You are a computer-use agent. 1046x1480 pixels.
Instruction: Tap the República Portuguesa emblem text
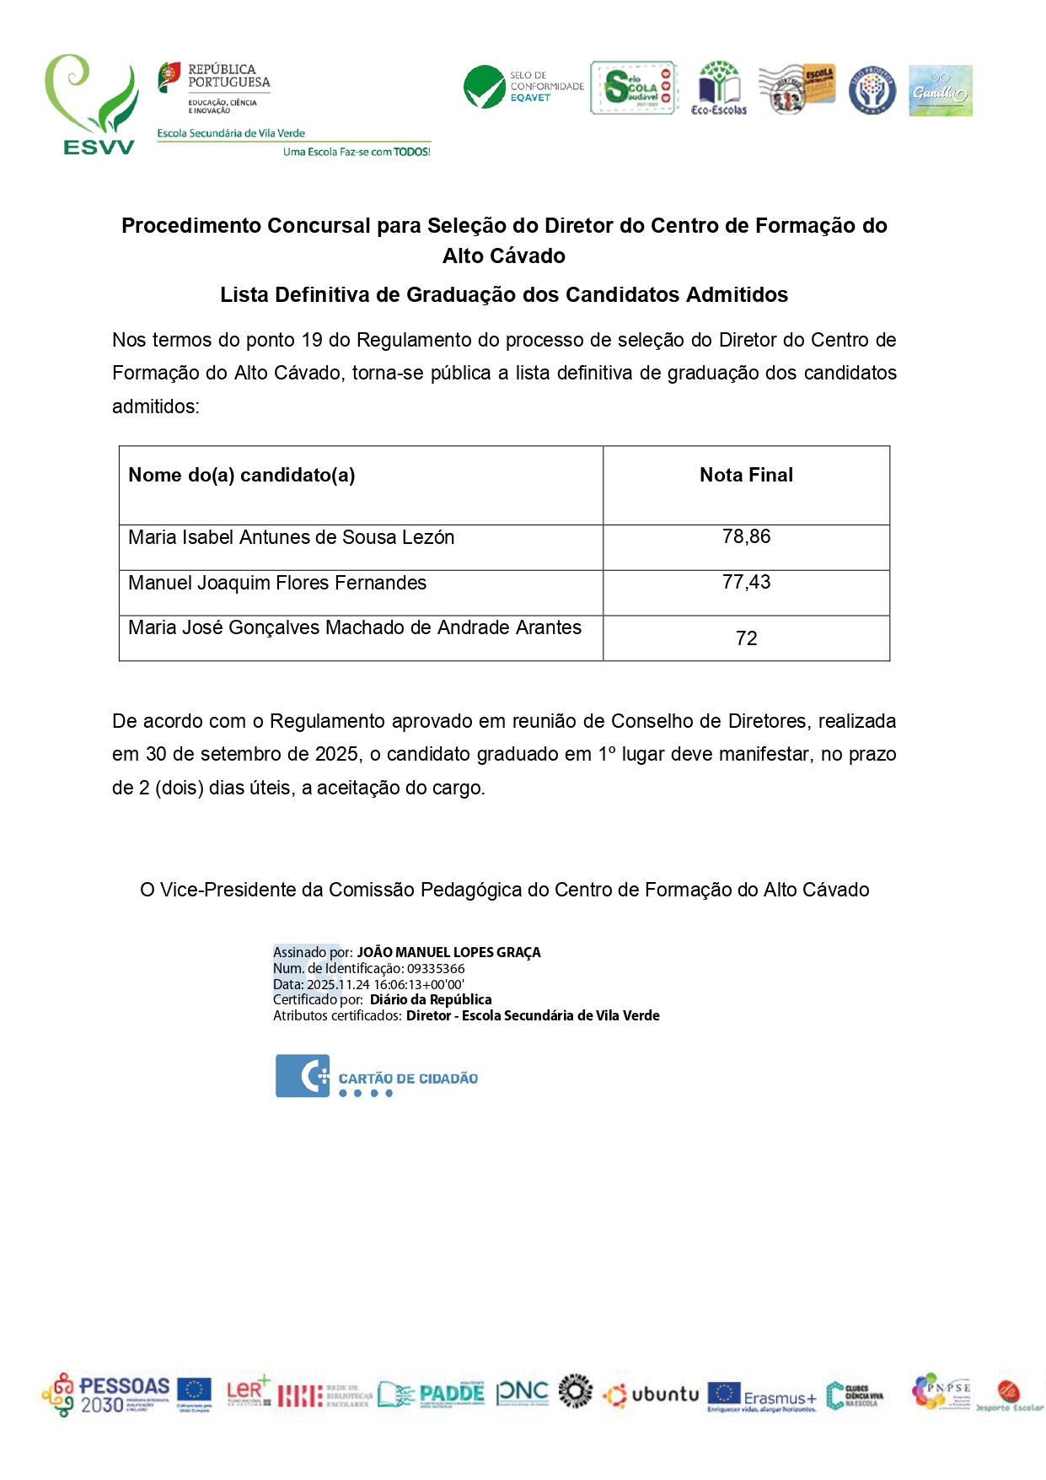(228, 76)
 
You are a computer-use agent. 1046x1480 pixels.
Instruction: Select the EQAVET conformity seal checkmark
(485, 87)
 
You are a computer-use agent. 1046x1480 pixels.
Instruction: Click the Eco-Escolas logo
(718, 88)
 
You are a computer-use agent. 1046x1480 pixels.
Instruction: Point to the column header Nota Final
(746, 476)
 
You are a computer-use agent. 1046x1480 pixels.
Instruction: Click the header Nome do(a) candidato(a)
(242, 476)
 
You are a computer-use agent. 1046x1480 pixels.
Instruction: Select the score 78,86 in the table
(746, 537)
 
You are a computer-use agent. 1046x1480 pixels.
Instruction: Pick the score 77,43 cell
(746, 583)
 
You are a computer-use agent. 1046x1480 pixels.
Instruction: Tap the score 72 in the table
(746, 638)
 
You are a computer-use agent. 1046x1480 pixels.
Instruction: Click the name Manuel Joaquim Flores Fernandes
(277, 584)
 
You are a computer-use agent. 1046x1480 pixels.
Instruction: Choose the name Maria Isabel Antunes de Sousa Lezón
(291, 538)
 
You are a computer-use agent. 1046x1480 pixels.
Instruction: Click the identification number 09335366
(436, 969)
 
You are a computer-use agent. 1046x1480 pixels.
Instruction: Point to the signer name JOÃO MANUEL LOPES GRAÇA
(448, 953)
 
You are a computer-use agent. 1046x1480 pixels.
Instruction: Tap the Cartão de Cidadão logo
(376, 1077)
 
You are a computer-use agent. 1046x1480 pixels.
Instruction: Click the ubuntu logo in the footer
(652, 1395)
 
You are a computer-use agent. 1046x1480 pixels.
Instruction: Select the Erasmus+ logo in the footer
(762, 1397)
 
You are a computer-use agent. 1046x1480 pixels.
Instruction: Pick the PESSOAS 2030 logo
(106, 1395)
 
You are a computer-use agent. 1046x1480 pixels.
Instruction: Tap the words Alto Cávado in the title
(504, 256)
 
